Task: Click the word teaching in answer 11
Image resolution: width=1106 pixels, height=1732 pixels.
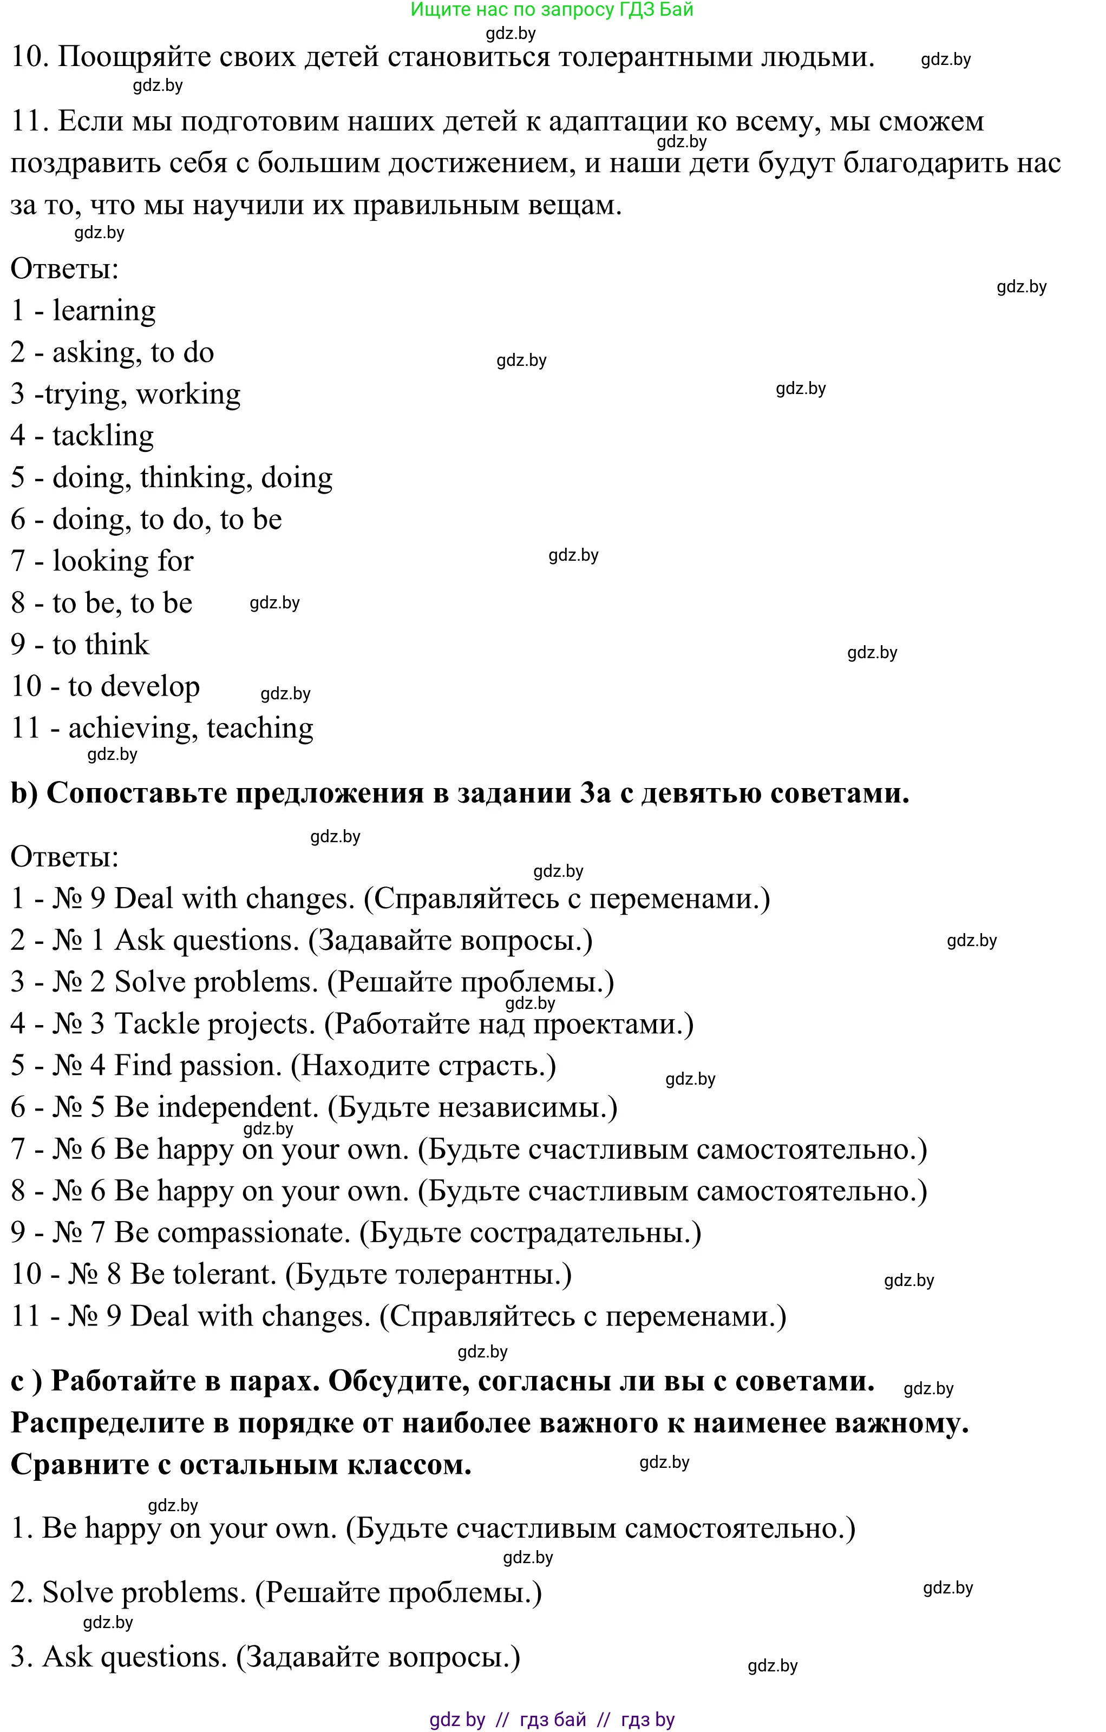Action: (x=260, y=729)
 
